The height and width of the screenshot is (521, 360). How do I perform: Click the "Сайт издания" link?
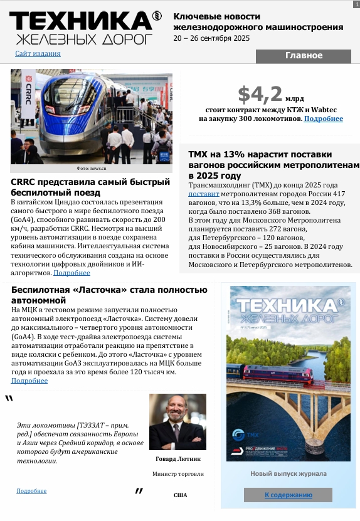click(x=38, y=55)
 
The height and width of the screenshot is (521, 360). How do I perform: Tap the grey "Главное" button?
click(x=304, y=56)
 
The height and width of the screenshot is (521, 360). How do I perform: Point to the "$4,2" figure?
click(x=260, y=95)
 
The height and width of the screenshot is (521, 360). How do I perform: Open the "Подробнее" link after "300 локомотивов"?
click(x=323, y=118)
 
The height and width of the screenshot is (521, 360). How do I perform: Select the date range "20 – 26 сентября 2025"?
click(x=211, y=38)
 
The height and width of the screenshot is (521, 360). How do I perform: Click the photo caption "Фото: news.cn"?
click(x=92, y=169)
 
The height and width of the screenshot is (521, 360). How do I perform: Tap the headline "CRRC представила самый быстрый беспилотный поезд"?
click(x=90, y=187)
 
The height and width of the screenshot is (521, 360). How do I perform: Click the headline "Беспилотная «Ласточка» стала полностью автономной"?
click(x=109, y=295)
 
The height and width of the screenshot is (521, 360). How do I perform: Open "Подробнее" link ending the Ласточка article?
click(x=29, y=381)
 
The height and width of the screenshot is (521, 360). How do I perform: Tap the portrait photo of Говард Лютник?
click(x=177, y=421)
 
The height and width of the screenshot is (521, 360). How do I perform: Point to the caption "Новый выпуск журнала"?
click(x=288, y=473)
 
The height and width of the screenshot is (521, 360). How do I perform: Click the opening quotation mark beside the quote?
click(x=9, y=399)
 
